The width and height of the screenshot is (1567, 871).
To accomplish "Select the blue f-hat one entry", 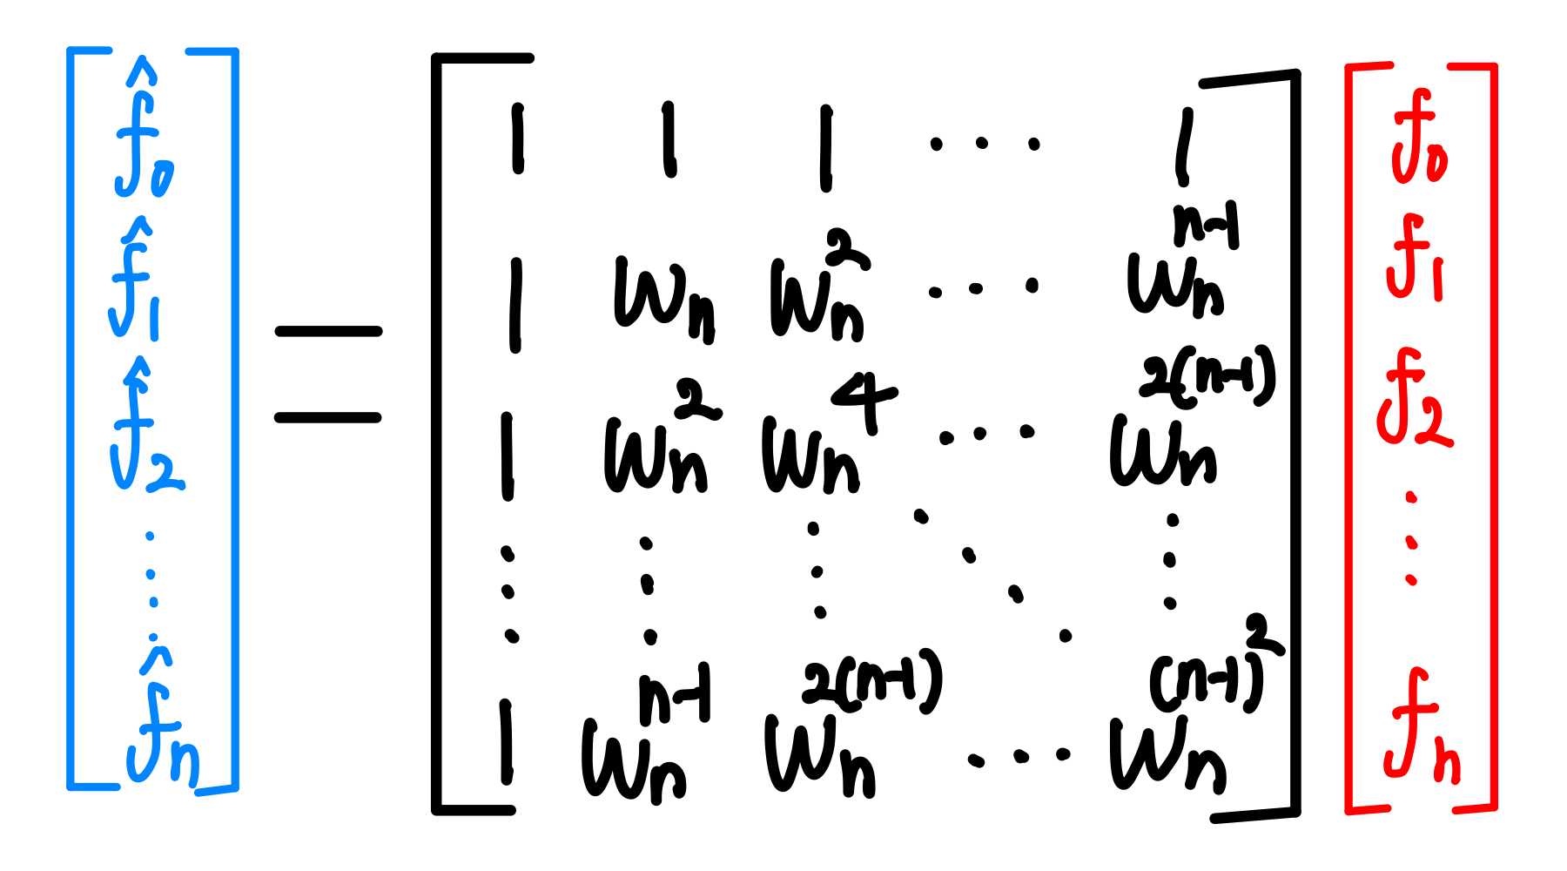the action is click(x=136, y=283).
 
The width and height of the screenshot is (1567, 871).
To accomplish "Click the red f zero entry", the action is click(x=1418, y=139).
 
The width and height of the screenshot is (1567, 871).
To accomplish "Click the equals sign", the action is click(x=328, y=375).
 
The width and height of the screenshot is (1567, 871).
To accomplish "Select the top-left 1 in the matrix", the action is click(x=518, y=139).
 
